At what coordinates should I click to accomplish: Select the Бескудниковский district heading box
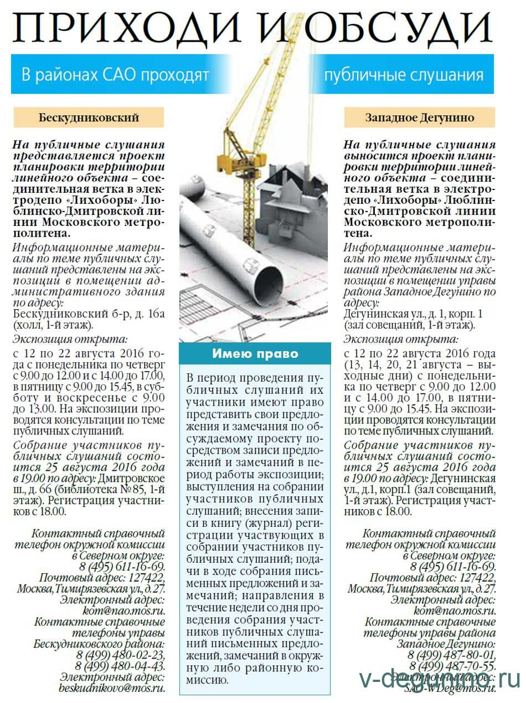pyautogui.click(x=89, y=117)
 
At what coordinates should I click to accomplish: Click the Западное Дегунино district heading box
pyautogui.click(x=419, y=117)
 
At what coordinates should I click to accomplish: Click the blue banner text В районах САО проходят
pyautogui.click(x=115, y=74)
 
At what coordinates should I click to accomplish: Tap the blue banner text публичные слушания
pyautogui.click(x=404, y=74)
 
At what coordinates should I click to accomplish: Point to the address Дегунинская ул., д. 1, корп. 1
pyautogui.click(x=412, y=315)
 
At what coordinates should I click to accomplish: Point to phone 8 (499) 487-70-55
pyautogui.click(x=452, y=666)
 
